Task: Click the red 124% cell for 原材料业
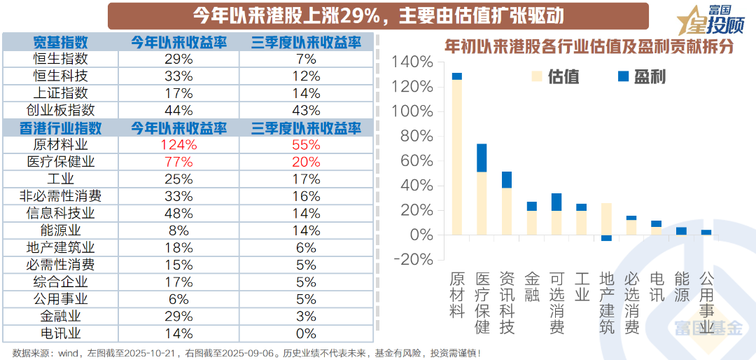[x=178, y=145]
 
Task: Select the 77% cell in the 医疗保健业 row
[x=178, y=162]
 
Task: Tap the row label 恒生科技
[x=61, y=76]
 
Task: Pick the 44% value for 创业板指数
[x=178, y=110]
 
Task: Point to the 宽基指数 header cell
[x=61, y=42]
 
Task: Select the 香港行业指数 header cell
[x=61, y=128]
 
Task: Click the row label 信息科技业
[x=61, y=213]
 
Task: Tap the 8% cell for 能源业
[x=178, y=230]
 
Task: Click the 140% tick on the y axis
[x=414, y=62]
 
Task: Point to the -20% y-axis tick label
[x=414, y=259]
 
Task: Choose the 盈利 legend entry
[x=640, y=77]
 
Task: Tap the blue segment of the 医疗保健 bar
[x=482, y=158]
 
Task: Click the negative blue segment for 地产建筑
[x=606, y=238]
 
